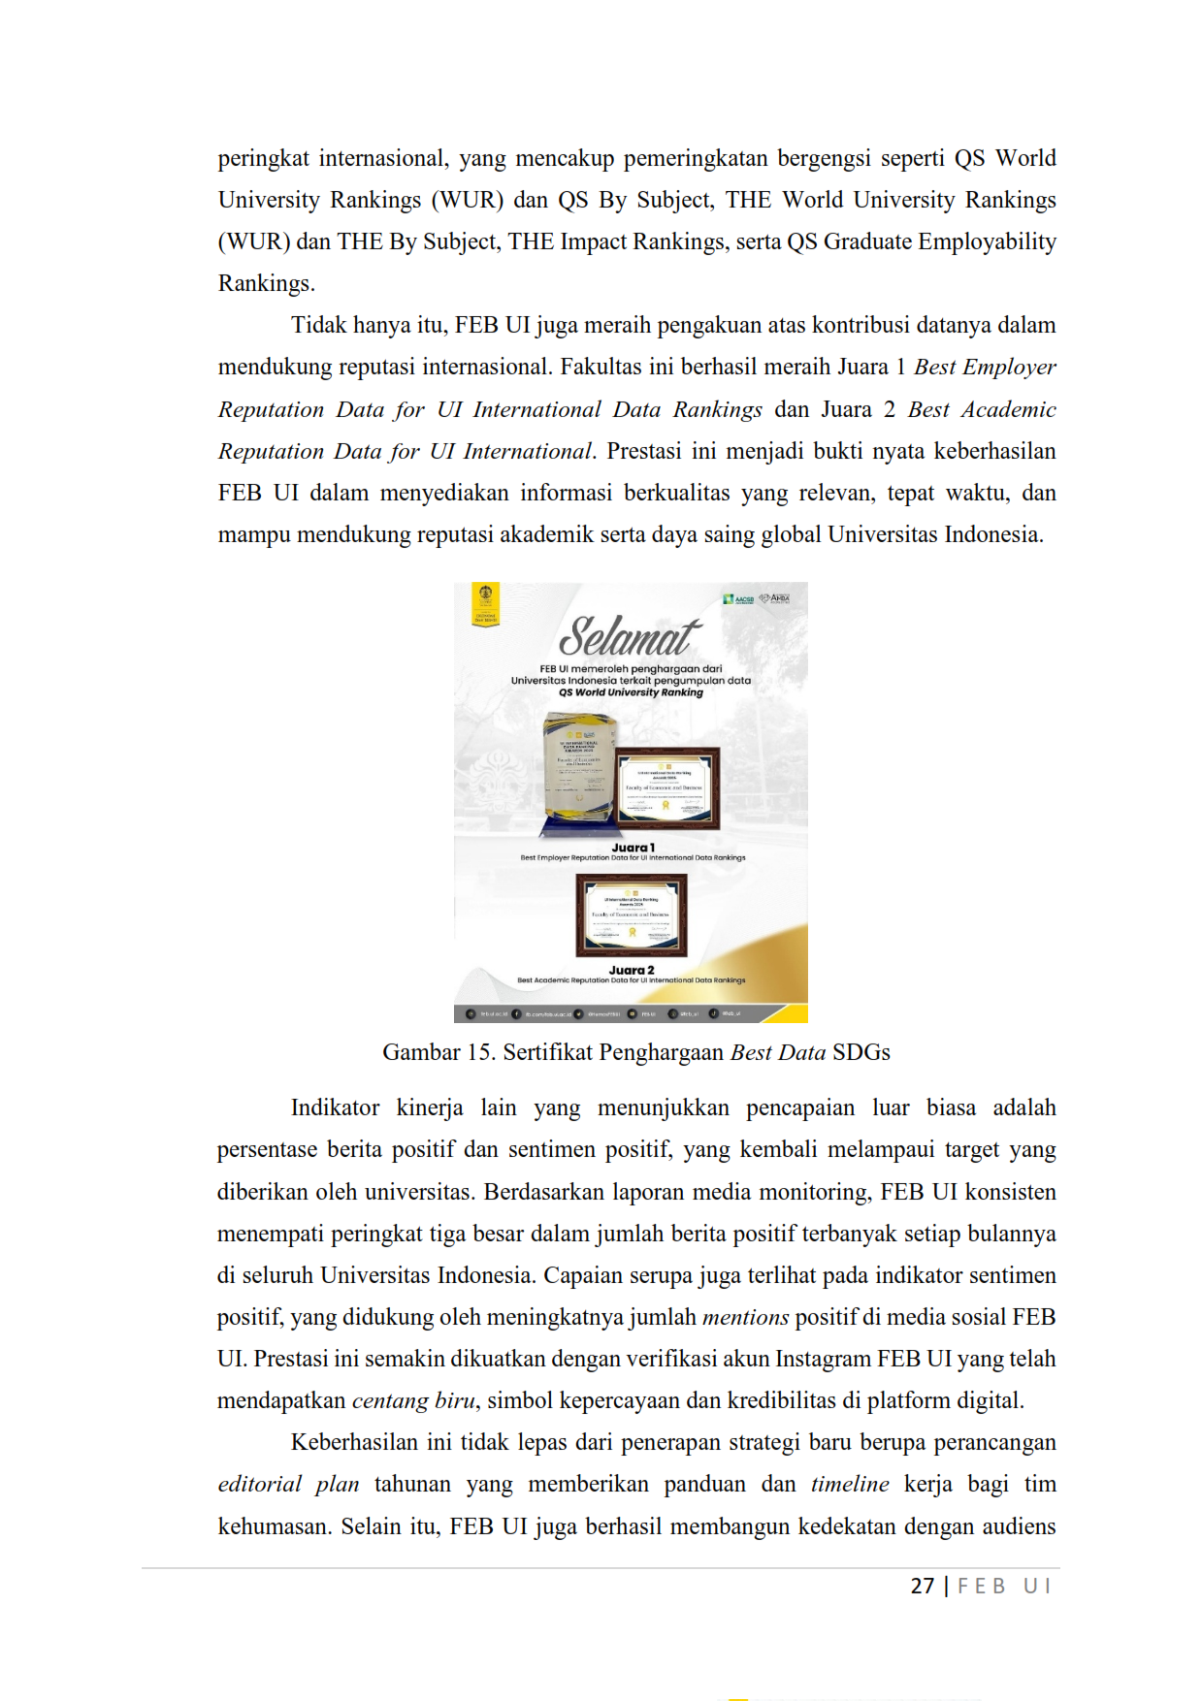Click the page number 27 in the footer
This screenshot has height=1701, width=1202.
click(x=922, y=1586)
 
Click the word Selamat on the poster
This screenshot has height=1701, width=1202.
click(x=630, y=637)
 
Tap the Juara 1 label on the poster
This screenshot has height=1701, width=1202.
click(x=633, y=848)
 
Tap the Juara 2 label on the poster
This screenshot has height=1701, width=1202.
click(x=632, y=970)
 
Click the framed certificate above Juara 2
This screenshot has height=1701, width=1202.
click(x=632, y=915)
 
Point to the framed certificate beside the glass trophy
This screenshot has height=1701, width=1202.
click(x=667, y=786)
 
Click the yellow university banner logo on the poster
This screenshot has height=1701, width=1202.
click(x=485, y=603)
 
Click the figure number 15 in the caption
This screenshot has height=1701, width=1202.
click(x=478, y=1052)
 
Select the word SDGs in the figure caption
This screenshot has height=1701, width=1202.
click(x=861, y=1052)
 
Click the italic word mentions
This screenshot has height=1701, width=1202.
click(x=745, y=1317)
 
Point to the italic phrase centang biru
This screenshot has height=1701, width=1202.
click(x=413, y=1400)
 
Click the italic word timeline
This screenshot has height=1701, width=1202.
click(x=850, y=1484)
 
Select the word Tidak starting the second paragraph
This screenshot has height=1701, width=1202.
click(x=320, y=325)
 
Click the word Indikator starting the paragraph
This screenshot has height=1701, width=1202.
click(x=335, y=1107)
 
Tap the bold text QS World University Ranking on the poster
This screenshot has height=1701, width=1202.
click(x=631, y=692)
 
